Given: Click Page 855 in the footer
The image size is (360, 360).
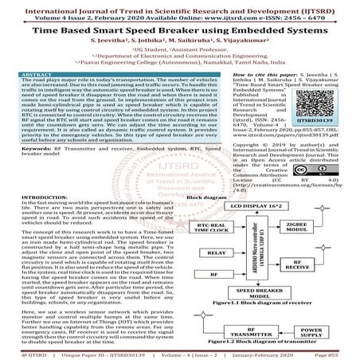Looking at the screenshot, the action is click(x=338, y=352).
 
